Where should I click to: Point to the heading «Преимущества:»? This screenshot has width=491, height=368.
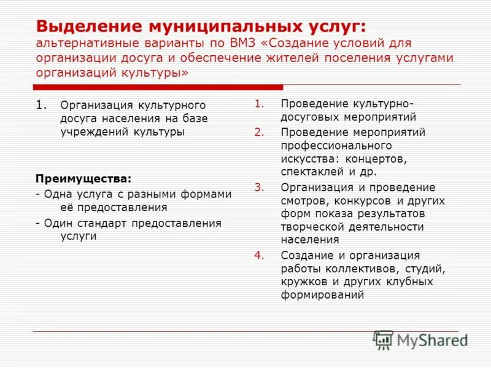tap(83, 179)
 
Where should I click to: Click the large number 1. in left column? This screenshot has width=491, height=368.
tap(42, 105)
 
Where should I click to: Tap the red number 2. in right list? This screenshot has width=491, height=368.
tap(259, 132)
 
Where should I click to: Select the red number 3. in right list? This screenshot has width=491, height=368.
tap(259, 187)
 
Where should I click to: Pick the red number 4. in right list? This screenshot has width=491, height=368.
tap(259, 255)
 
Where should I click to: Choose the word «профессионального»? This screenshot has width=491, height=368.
tap(336, 145)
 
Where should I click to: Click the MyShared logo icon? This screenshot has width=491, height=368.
tap(384, 340)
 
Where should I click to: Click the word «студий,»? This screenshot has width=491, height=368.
tap(423, 269)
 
